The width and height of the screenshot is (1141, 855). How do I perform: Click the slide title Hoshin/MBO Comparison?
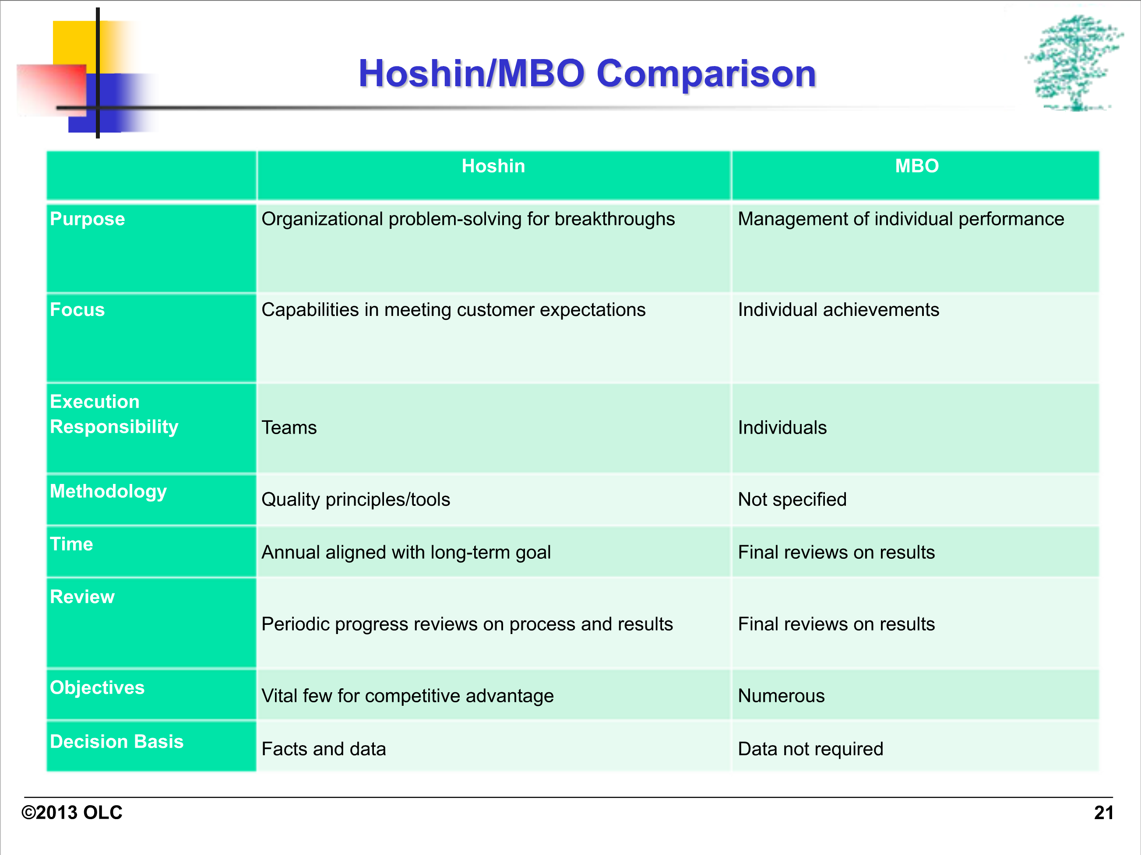pyautogui.click(x=587, y=74)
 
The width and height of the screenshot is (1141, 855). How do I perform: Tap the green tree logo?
pyautogui.click(x=1074, y=63)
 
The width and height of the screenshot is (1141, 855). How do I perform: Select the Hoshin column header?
pyautogui.click(x=493, y=166)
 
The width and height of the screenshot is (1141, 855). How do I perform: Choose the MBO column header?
pyautogui.click(x=917, y=166)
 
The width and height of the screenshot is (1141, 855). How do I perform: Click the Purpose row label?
pyautogui.click(x=87, y=219)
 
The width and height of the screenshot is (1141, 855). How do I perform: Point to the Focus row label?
pyautogui.click(x=77, y=310)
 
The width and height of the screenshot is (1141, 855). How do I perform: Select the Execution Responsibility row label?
pyautogui.click(x=114, y=414)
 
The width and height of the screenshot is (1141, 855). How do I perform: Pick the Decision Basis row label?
pyautogui.click(x=116, y=742)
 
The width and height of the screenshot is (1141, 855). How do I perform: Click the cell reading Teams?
pyautogui.click(x=289, y=428)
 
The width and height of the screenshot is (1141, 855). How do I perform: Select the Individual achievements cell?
pyautogui.click(x=838, y=310)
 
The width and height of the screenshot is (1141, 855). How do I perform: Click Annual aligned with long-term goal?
pyautogui.click(x=406, y=553)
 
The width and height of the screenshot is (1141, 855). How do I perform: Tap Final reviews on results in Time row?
pyautogui.click(x=836, y=553)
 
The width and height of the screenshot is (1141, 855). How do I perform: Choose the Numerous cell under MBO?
pyautogui.click(x=781, y=696)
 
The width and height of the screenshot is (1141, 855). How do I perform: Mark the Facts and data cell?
pyautogui.click(x=324, y=749)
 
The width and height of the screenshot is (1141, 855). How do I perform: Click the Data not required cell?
pyautogui.click(x=810, y=749)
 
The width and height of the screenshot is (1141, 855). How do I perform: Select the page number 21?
pyautogui.click(x=1103, y=813)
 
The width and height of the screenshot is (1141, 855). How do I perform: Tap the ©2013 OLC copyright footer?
pyautogui.click(x=72, y=813)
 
